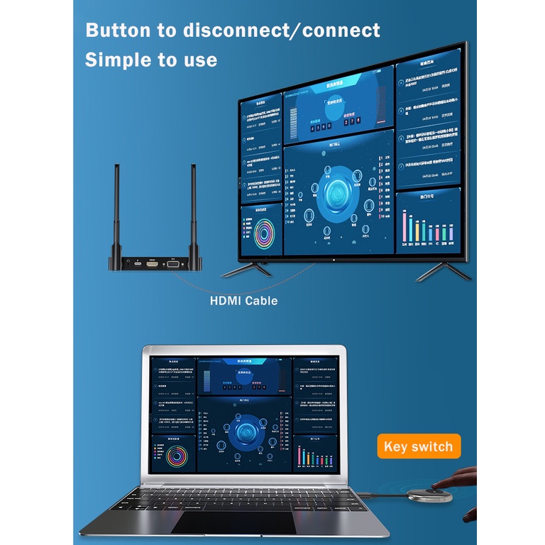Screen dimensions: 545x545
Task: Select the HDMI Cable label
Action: (x=243, y=300)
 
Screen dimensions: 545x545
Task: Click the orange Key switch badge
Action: (x=418, y=446)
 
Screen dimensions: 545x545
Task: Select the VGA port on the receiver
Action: (x=172, y=263)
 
